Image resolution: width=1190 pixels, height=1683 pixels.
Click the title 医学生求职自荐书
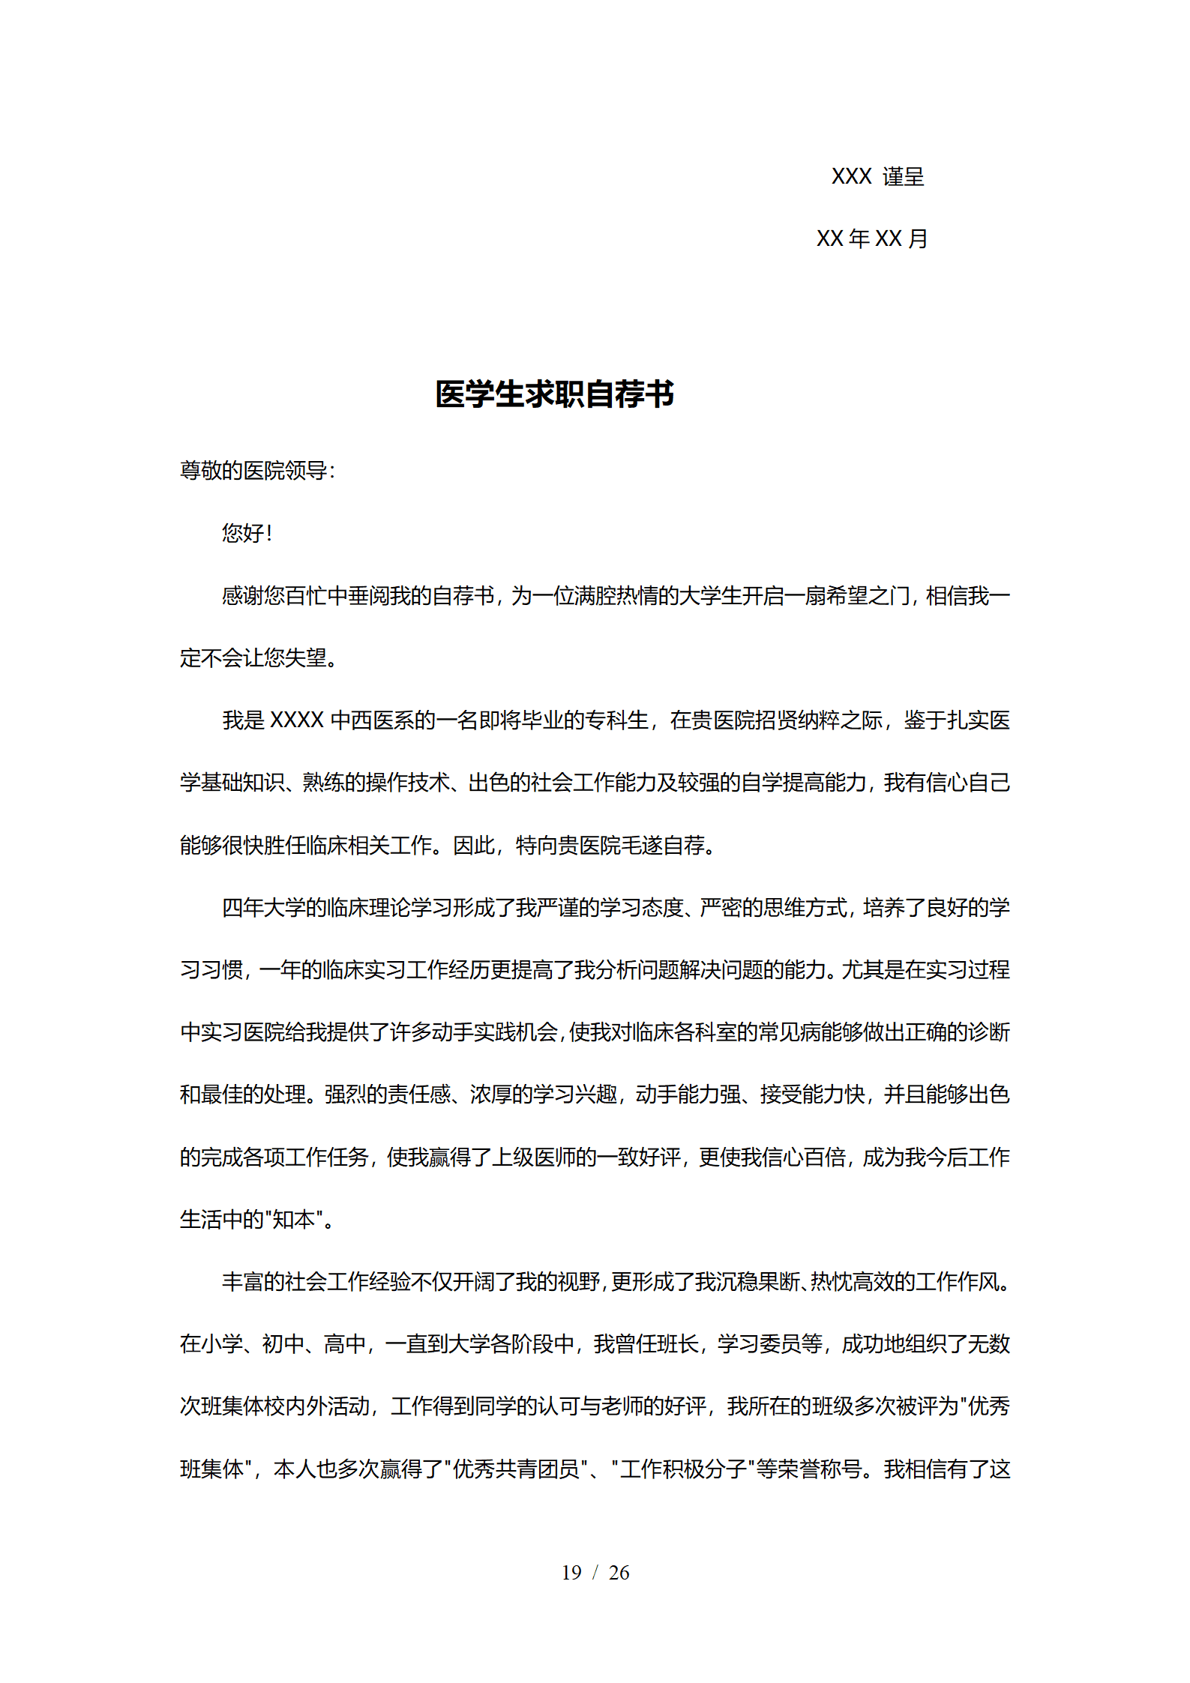pyautogui.click(x=554, y=394)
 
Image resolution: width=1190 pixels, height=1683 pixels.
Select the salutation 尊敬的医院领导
pyautogui.click(x=254, y=471)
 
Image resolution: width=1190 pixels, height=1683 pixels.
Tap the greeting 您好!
pyautogui.click(x=247, y=533)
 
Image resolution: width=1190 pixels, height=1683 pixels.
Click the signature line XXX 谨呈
pyautogui.click(x=877, y=177)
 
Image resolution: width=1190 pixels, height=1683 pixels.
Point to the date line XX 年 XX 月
pyautogui.click(x=872, y=239)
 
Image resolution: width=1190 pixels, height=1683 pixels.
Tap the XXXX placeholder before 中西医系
pyautogui.click(x=296, y=720)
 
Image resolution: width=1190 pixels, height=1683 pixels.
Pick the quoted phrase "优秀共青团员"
pyautogui.click(x=515, y=1469)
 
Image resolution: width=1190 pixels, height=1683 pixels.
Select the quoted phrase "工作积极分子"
pyautogui.click(x=682, y=1469)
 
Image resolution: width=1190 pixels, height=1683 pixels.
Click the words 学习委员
pyautogui.click(x=759, y=1344)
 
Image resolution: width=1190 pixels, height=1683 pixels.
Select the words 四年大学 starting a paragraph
pyautogui.click(x=264, y=908)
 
